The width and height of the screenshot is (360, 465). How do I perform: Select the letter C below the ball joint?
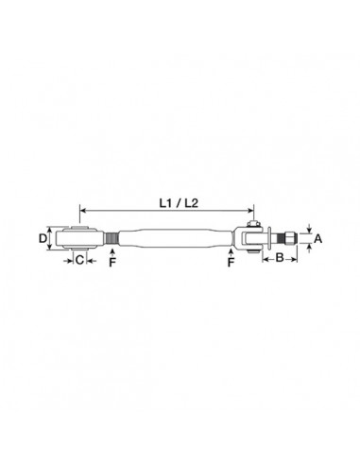click(79, 259)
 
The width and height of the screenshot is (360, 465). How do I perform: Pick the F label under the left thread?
click(111, 264)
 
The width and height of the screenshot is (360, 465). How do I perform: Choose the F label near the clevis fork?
click(231, 264)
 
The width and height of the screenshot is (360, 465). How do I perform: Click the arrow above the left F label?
click(111, 251)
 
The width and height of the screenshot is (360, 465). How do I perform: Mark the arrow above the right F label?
click(231, 251)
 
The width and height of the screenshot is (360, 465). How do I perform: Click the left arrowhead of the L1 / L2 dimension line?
click(84, 210)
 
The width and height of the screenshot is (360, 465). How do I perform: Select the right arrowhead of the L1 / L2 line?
click(251, 210)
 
